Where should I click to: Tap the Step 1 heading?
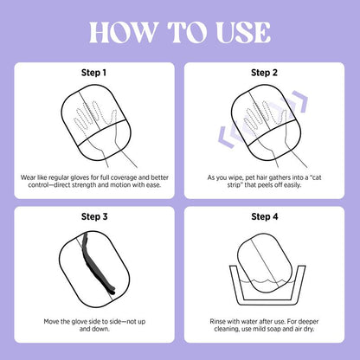(94, 73)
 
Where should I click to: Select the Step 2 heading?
(264, 73)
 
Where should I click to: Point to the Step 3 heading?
(94, 216)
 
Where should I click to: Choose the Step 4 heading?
(265, 216)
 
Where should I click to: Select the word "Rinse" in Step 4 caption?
(217, 321)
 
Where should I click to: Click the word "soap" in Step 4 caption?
(275, 329)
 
